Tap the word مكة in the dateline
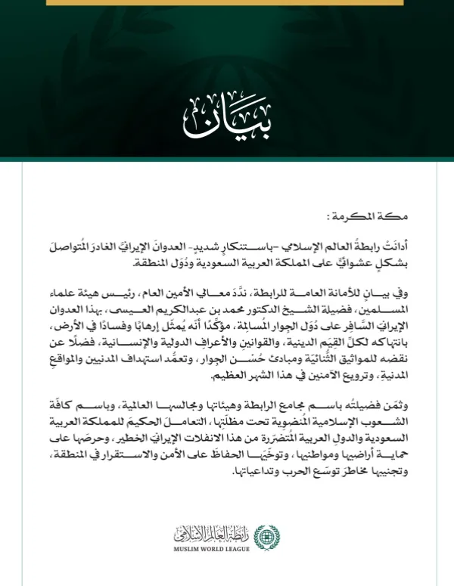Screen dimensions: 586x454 [415, 217]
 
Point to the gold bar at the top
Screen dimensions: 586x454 [226, 2]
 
